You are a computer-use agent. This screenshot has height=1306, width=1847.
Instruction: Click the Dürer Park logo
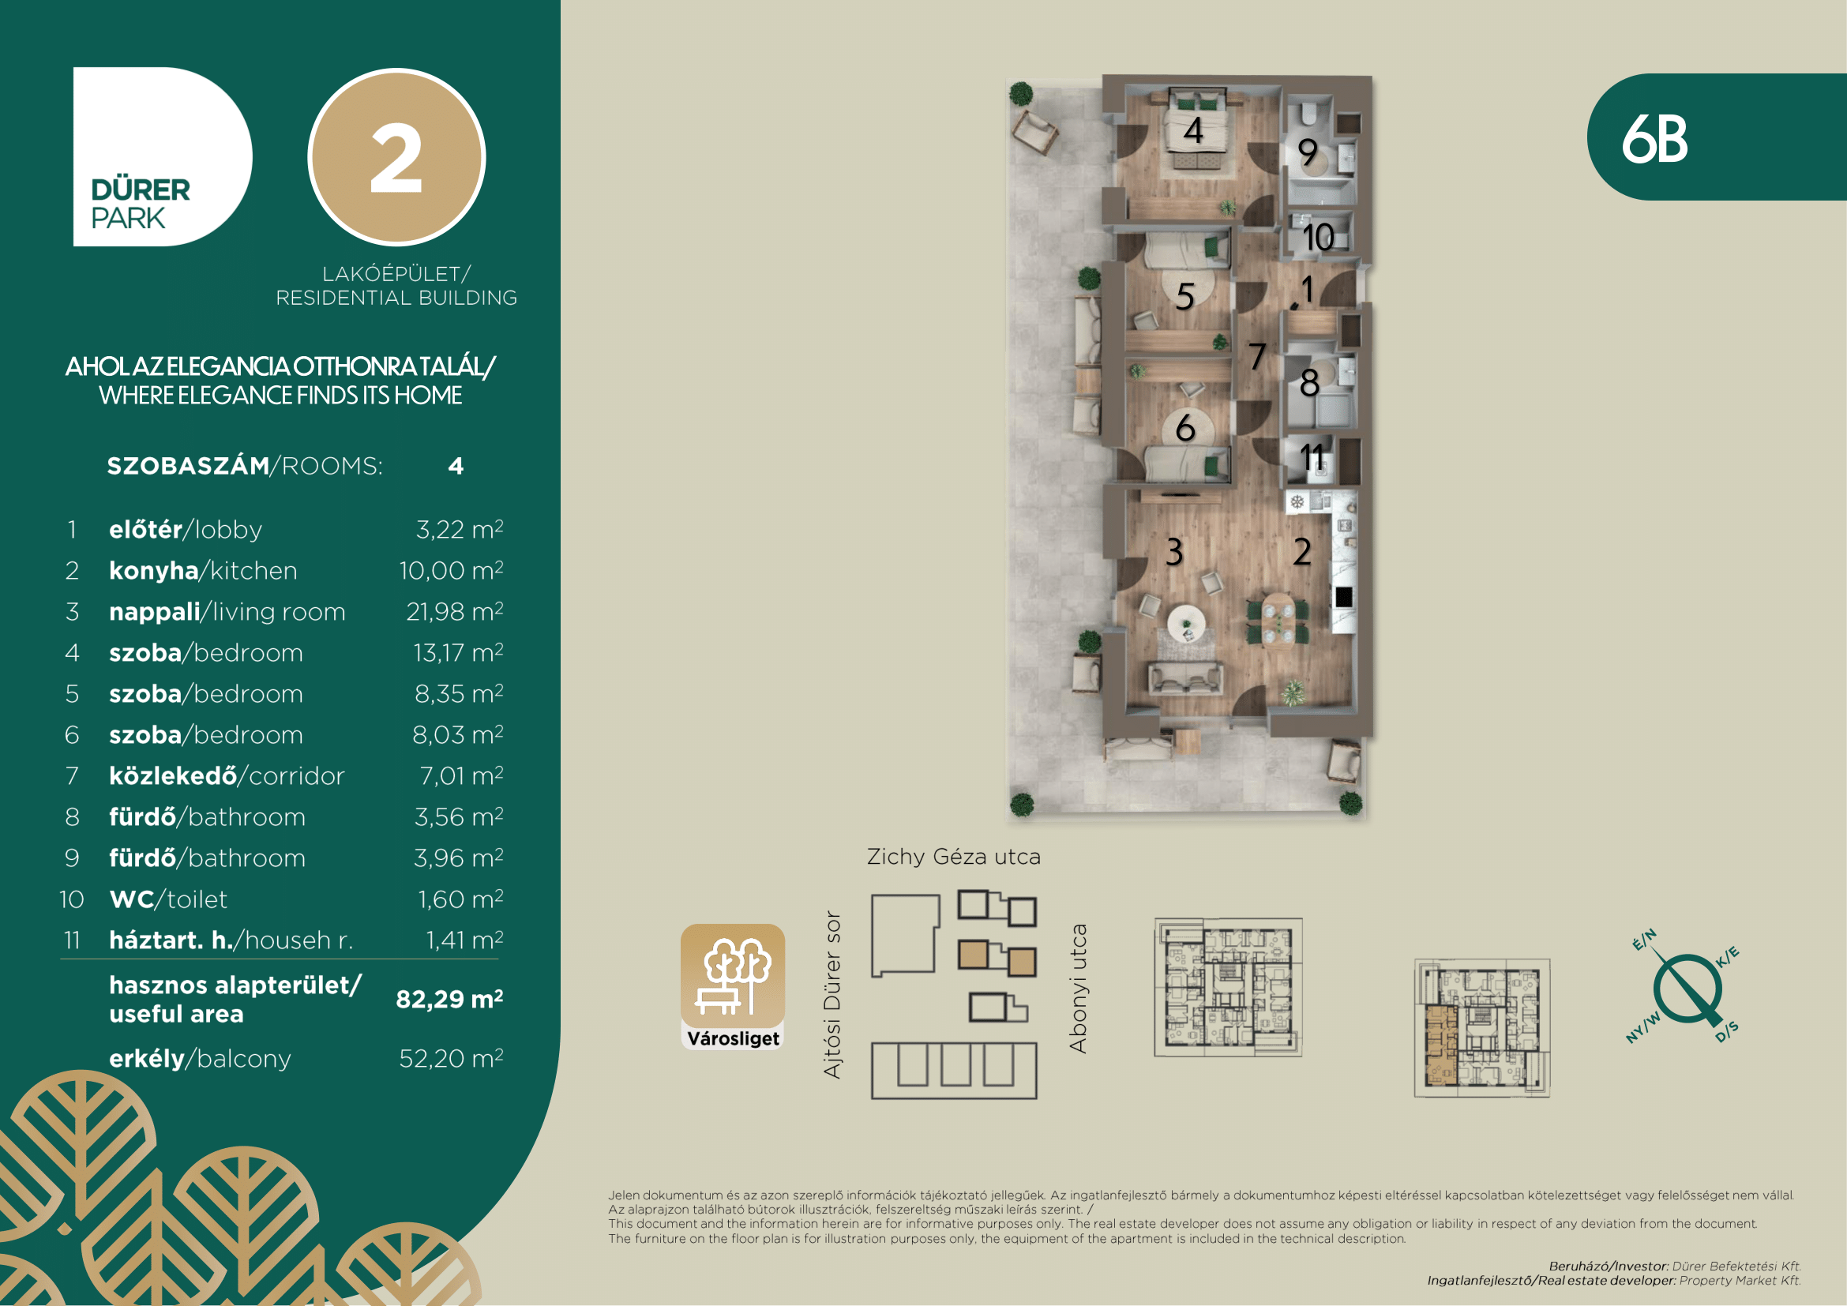(x=162, y=157)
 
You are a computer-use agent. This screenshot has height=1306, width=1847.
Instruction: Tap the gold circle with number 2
(x=396, y=157)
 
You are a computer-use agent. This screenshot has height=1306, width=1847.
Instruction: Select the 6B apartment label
(x=1654, y=139)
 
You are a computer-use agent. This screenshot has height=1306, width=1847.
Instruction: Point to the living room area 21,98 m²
(x=455, y=611)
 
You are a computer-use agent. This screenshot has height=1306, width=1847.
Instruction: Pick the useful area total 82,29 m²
(x=449, y=999)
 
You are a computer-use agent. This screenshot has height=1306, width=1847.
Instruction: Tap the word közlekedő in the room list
(x=173, y=775)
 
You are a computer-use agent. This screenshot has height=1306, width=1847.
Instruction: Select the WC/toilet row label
(x=168, y=899)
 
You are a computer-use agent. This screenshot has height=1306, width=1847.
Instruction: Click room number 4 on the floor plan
(x=1193, y=130)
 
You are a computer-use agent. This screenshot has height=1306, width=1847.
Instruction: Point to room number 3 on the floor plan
(x=1174, y=552)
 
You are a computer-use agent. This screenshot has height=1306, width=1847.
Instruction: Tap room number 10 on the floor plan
(x=1318, y=237)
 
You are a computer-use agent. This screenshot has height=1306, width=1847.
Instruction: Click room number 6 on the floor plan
(x=1185, y=428)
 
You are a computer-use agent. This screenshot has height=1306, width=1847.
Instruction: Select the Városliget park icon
(x=733, y=987)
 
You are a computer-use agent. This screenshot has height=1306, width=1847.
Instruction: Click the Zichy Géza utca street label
(x=953, y=857)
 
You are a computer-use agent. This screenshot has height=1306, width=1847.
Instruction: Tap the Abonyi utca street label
(x=1078, y=989)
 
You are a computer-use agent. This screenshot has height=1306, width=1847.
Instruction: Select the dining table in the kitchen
(x=1277, y=618)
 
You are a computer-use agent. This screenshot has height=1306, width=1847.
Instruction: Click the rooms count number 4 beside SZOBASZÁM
(x=456, y=467)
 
